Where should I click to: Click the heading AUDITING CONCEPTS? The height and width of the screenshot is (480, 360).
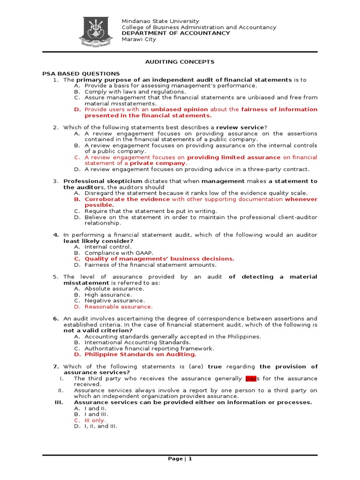click(180, 61)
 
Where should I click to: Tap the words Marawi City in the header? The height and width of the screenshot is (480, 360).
click(139, 39)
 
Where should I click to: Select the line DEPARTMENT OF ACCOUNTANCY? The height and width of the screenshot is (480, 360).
click(176, 33)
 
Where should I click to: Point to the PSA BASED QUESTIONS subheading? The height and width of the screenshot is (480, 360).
click(81, 74)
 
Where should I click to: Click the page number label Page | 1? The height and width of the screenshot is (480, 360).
click(180, 458)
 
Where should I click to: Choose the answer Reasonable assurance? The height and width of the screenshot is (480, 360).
click(119, 307)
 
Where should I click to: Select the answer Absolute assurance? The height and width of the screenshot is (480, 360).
click(114, 289)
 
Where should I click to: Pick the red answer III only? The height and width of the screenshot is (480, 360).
click(95, 420)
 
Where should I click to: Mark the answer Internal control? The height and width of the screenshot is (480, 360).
click(108, 247)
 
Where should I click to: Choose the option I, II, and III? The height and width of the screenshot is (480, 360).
click(101, 426)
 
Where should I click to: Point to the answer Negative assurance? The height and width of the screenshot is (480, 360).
click(114, 300)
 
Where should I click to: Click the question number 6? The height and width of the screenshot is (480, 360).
click(55, 318)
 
